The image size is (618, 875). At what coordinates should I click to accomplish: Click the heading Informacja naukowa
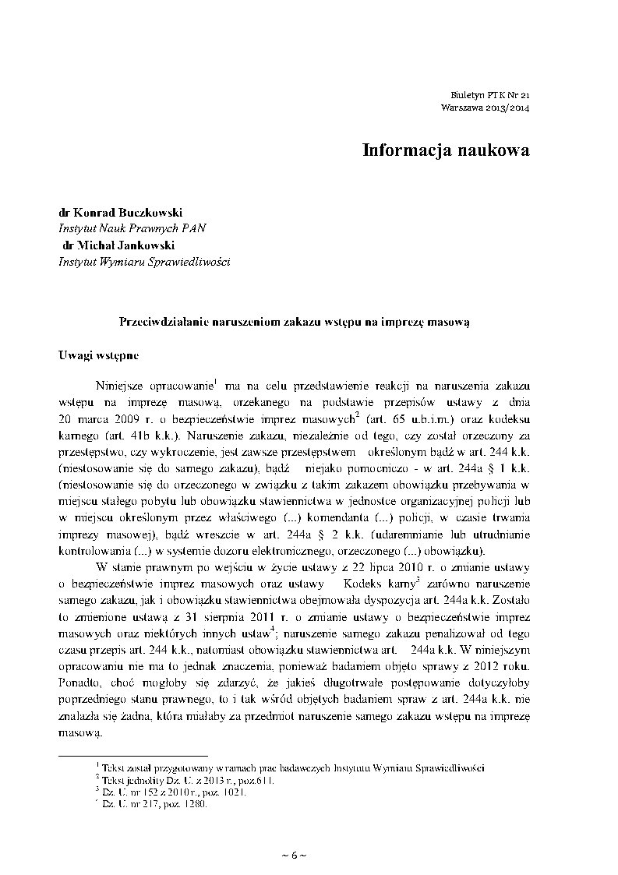[x=445, y=150]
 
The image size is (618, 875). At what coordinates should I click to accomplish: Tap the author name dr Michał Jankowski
[x=118, y=245]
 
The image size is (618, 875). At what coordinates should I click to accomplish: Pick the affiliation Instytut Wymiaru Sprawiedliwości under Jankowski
[x=144, y=262]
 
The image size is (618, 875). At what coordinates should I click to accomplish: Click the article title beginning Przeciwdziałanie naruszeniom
[x=295, y=321]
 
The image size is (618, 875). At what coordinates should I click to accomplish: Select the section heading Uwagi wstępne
[x=99, y=356]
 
